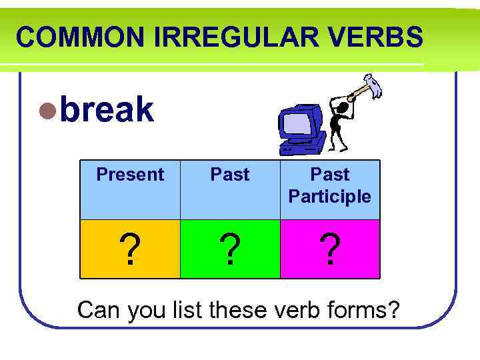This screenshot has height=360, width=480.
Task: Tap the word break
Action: click(107, 110)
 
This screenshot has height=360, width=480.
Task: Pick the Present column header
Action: click(130, 175)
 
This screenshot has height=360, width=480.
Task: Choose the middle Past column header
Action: click(230, 175)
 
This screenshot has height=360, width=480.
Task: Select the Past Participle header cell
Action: click(330, 185)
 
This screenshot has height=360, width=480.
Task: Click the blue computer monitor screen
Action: click(295, 123)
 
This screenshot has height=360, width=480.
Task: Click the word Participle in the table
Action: click(330, 197)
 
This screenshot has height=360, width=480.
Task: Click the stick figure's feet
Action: click(340, 149)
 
